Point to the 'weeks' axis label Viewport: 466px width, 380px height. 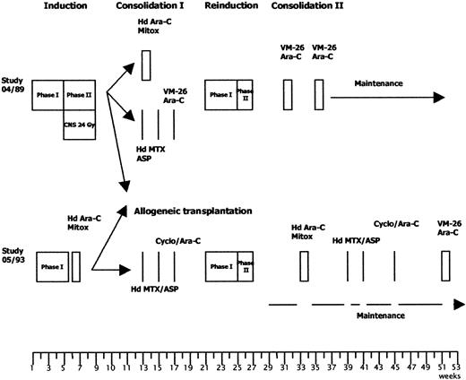451,377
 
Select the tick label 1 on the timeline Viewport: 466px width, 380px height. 33,367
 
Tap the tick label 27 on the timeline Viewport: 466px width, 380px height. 246,367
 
